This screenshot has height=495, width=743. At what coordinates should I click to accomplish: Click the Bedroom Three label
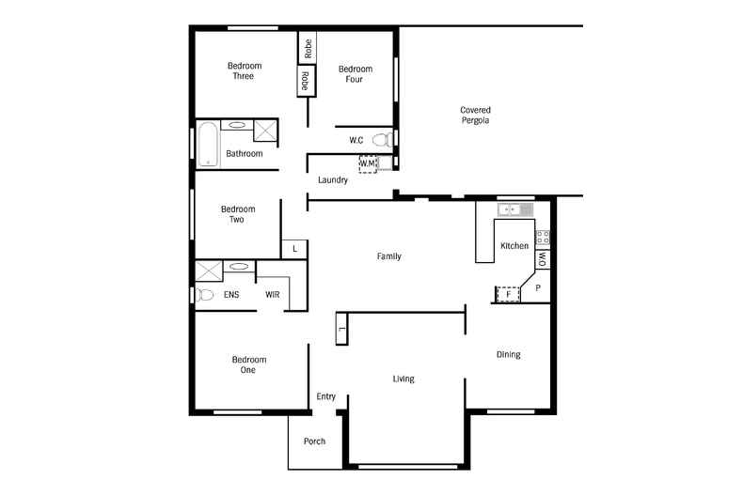(245, 70)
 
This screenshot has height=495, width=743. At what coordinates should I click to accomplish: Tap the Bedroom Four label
(356, 74)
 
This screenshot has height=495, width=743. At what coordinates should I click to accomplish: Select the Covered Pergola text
(475, 116)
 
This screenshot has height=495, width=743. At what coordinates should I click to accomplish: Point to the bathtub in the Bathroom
(207, 144)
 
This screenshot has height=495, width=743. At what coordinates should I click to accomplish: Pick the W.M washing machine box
(368, 163)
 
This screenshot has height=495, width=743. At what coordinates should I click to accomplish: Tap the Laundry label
(333, 180)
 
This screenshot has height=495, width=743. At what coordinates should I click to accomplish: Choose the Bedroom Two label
(238, 214)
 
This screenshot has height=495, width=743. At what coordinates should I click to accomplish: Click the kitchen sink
(514, 209)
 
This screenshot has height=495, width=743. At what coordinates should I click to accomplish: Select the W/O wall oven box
(543, 259)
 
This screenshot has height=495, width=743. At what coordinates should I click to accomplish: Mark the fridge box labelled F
(508, 294)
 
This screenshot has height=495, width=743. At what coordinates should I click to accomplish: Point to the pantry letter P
(537, 288)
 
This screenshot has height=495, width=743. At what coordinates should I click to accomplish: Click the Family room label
(388, 255)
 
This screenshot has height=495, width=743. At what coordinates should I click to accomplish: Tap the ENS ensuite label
(231, 295)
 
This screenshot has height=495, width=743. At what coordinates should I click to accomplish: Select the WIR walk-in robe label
(273, 295)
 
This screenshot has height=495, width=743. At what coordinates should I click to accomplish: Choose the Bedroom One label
(249, 364)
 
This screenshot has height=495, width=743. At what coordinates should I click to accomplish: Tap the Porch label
(314, 441)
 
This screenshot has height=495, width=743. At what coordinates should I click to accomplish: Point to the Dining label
(508, 354)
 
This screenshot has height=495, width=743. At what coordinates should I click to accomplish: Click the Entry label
(325, 396)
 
